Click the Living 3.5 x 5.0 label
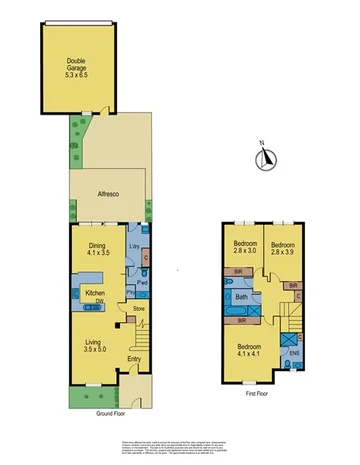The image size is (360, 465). point(95,346)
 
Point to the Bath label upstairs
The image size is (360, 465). point(241,297)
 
